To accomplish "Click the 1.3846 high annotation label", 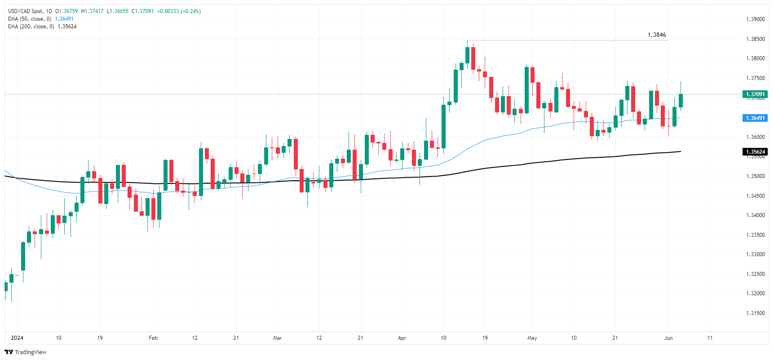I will pyautogui.click(x=656, y=35).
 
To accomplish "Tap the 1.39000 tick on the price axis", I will pyautogui.click(x=755, y=19).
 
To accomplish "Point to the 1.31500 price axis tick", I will pyautogui.click(x=755, y=313).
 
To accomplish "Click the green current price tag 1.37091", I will pyautogui.click(x=755, y=94).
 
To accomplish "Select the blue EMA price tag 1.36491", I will pyautogui.click(x=755, y=118).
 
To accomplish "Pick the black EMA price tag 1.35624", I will pyautogui.click(x=755, y=152).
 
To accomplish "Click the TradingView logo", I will pyautogui.click(x=26, y=352).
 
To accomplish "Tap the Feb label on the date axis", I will pyautogui.click(x=153, y=338).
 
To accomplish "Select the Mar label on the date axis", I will pyautogui.click(x=277, y=338).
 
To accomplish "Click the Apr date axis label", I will pyautogui.click(x=402, y=338).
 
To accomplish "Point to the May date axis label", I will pyautogui.click(x=532, y=338).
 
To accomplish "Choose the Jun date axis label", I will pyautogui.click(x=668, y=338).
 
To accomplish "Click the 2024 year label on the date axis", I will pyautogui.click(x=17, y=338).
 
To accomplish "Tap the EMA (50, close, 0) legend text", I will pyautogui.click(x=30, y=19).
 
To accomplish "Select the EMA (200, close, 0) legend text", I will pyautogui.click(x=31, y=27).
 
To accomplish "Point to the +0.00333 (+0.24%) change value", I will pyautogui.click(x=179, y=11).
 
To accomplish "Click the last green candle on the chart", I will pyautogui.click(x=681, y=101).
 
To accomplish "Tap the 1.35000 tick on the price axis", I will pyautogui.click(x=755, y=176).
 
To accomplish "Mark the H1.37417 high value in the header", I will pyautogui.click(x=92, y=11).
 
